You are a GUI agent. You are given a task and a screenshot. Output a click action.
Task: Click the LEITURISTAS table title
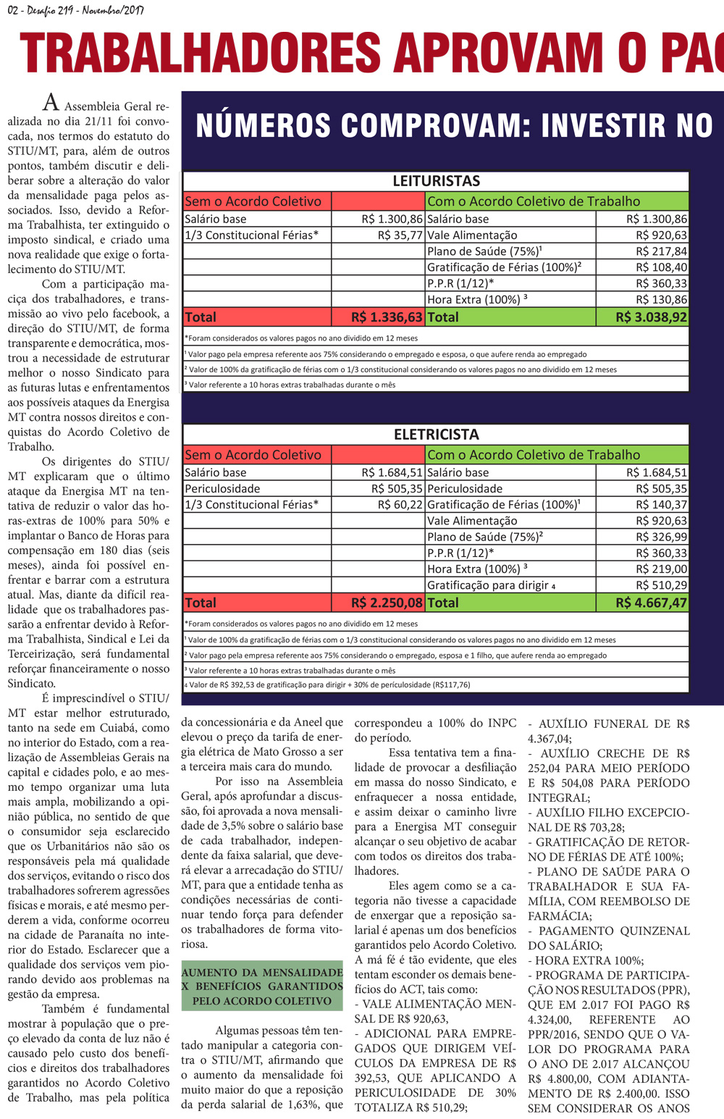point(436,181)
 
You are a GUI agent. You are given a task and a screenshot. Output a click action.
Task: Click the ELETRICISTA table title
point(436,435)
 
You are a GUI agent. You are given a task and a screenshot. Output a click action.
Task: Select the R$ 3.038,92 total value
point(651,317)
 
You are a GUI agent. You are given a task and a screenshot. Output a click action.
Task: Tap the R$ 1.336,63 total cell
point(386,317)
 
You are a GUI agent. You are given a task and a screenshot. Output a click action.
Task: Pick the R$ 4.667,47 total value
point(651,603)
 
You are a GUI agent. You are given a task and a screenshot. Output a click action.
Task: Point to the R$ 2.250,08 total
point(386,603)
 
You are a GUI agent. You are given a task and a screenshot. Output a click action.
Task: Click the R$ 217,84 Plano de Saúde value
point(661,251)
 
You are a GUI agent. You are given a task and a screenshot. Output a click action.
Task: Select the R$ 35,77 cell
point(400,235)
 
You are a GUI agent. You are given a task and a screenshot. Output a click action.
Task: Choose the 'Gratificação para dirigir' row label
point(487,585)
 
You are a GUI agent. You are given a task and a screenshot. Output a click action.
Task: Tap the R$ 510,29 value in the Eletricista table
point(661,585)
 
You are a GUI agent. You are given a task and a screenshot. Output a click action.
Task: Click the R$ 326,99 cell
point(661,537)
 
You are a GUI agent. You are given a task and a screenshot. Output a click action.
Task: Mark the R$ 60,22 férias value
point(400,505)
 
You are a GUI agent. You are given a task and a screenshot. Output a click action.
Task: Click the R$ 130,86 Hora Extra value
point(661,300)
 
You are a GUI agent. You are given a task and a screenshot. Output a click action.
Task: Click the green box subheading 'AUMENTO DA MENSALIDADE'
point(261,973)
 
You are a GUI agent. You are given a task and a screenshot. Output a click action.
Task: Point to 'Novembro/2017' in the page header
point(113,10)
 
